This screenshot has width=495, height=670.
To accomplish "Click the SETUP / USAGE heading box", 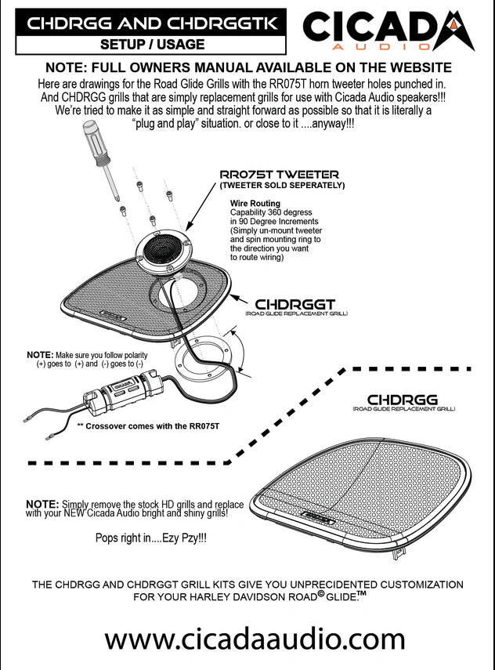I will (x=149, y=45).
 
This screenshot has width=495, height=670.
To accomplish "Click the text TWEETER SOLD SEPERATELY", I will (x=281, y=186).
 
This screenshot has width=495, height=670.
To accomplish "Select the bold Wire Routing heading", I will (x=251, y=203).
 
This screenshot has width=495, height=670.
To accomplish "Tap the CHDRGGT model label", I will (x=296, y=303).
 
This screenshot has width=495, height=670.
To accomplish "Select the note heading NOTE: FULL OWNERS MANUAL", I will (x=248, y=67).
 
